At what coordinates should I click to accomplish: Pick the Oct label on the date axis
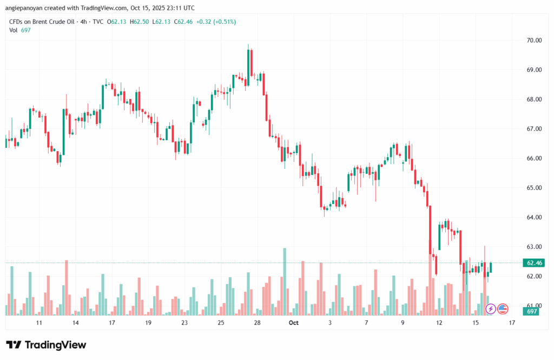pyautogui.click(x=294, y=323)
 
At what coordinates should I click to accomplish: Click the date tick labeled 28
pyautogui.click(x=258, y=323)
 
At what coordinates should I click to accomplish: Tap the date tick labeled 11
pyautogui.click(x=39, y=323)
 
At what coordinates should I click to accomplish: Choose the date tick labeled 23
pyautogui.click(x=184, y=323)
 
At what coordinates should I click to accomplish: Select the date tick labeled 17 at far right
pyautogui.click(x=512, y=323)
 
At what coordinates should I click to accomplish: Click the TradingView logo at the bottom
pyautogui.click(x=46, y=345)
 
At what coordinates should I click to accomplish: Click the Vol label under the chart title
pyautogui.click(x=14, y=30)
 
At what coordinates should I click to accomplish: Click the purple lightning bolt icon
pyautogui.click(x=491, y=309)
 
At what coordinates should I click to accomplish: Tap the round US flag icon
pyautogui.click(x=503, y=309)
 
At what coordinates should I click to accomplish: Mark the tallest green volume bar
pyautogui.click(x=285, y=282)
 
